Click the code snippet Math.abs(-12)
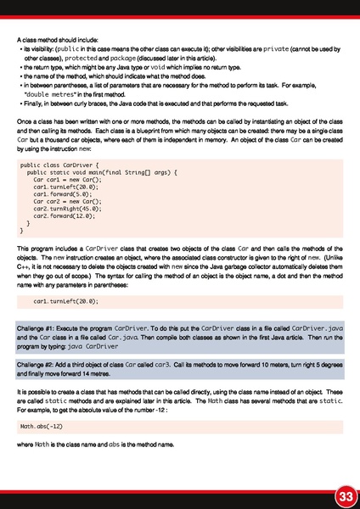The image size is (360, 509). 40,425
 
